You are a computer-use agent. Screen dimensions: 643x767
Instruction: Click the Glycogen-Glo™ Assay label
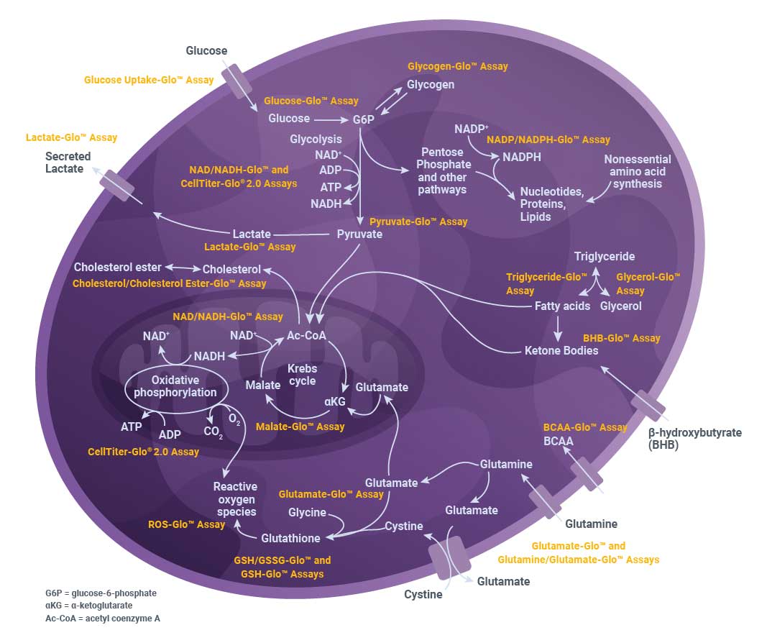click(457, 66)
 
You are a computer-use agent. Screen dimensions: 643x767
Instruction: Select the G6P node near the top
click(364, 119)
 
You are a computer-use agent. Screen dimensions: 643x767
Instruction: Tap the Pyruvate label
click(359, 234)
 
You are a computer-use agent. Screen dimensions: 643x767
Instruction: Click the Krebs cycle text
click(302, 375)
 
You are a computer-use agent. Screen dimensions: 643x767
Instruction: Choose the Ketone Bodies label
click(561, 350)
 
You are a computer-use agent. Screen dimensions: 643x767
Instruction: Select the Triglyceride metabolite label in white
click(604, 256)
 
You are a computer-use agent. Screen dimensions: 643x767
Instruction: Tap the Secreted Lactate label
click(68, 163)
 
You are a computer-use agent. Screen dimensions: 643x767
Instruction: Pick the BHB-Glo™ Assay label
click(621, 338)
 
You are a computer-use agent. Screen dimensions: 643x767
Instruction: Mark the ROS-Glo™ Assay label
click(186, 525)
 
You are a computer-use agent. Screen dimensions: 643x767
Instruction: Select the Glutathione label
click(290, 537)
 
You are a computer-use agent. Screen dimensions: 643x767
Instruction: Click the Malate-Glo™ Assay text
click(300, 427)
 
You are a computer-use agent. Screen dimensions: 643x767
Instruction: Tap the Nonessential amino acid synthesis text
click(637, 171)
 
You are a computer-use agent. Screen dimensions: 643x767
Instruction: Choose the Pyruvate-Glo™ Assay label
click(418, 222)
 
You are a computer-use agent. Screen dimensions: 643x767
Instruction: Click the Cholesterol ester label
click(117, 268)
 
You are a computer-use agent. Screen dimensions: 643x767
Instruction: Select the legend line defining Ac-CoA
click(103, 619)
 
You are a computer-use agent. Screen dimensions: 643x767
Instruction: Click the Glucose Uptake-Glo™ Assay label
click(149, 80)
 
